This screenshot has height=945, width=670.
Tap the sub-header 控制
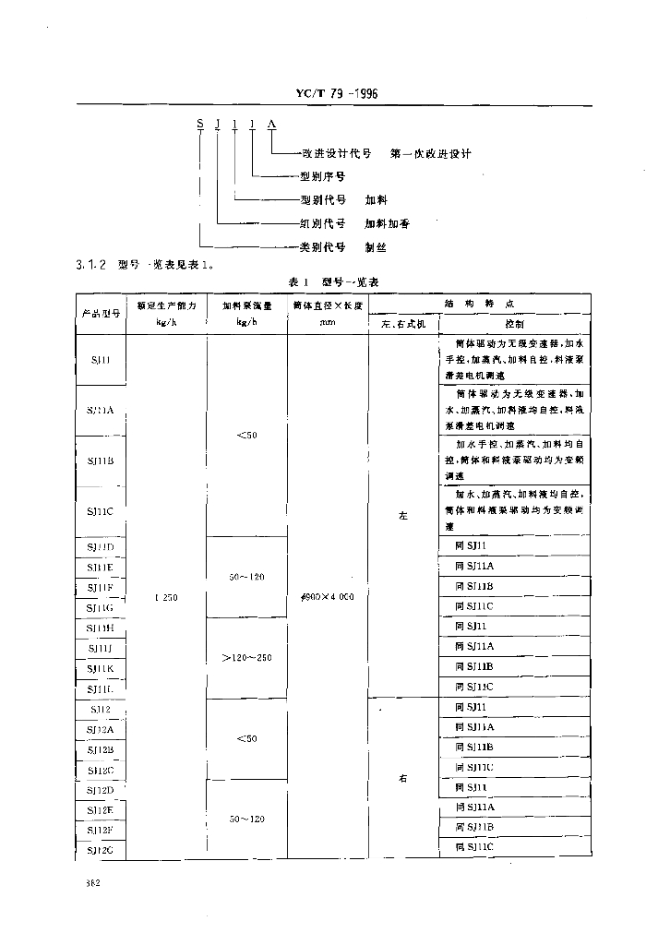tap(514, 324)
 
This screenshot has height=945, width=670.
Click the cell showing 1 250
tap(167, 597)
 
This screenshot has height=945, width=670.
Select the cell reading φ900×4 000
tap(328, 597)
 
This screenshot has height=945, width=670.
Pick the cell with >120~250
tap(246, 658)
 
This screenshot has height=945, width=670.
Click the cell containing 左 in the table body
tap(403, 516)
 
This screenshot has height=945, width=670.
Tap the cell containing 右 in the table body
tap(403, 779)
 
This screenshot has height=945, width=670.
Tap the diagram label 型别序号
tap(322, 176)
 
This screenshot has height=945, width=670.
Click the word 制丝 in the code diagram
tap(376, 247)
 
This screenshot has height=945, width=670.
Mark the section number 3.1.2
tap(92, 266)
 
